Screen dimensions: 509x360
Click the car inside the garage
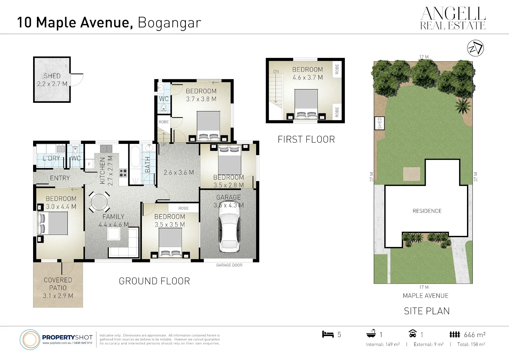click(x=229, y=227)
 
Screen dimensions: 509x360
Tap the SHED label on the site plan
click(x=380, y=123)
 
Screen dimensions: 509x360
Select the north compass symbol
click(x=475, y=48)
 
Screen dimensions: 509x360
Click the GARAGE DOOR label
click(x=229, y=265)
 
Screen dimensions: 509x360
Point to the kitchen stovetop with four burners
click(x=123, y=173)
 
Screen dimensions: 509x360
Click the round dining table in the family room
click(x=99, y=202)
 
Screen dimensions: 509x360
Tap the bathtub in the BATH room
click(x=135, y=165)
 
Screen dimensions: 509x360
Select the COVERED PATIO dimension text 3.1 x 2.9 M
click(x=58, y=296)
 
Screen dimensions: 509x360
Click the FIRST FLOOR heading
click(x=306, y=139)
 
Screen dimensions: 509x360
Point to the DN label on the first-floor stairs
click(x=276, y=71)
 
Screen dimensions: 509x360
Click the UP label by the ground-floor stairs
click(x=164, y=145)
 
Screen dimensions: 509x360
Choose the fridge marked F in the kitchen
click(x=89, y=164)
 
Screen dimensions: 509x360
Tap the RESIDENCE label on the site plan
click(x=427, y=211)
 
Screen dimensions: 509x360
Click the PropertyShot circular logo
click(x=30, y=340)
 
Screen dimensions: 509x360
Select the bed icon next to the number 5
click(x=328, y=334)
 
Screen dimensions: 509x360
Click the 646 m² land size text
click(x=475, y=335)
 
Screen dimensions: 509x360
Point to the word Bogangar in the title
click(x=169, y=23)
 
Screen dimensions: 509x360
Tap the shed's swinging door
click(x=77, y=80)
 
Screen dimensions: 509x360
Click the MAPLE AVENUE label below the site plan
click(x=426, y=296)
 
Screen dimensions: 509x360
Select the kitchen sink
click(x=106, y=149)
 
